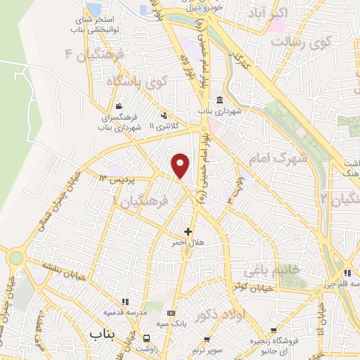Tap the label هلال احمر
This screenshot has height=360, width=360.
tap(188, 242)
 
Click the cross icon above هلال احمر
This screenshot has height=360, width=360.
tap(188, 231)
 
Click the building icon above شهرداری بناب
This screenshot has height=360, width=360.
tap(219, 99)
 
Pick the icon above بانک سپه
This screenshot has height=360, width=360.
tap(172, 312)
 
